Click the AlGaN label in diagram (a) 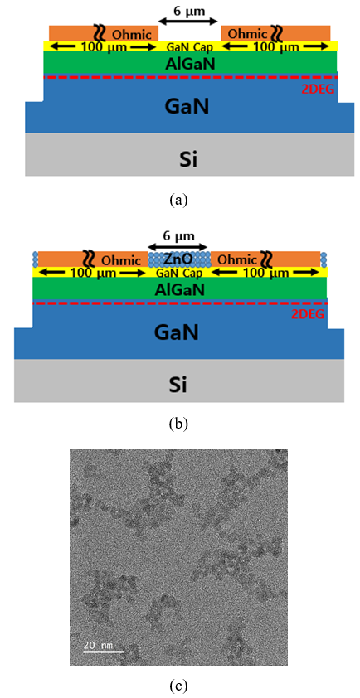coord(190,65)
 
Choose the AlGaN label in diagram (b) coord(179,291)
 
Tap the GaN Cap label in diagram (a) coord(190,46)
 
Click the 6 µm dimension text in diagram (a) coord(189,11)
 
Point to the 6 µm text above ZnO coord(178,236)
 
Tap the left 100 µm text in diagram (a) coord(104,46)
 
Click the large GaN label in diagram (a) coord(187,107)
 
